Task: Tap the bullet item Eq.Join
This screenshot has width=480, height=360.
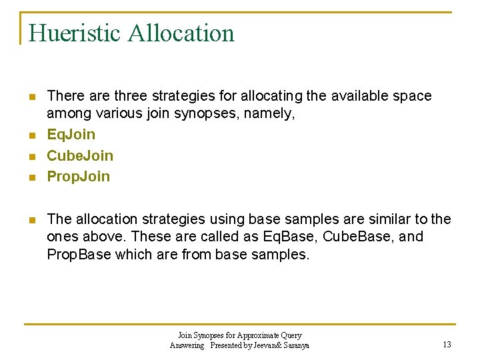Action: pos(71,135)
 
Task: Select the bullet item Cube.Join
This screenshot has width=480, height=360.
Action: pos(80,155)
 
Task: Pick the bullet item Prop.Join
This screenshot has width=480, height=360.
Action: pos(79,176)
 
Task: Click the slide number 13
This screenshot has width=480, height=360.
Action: pos(447,345)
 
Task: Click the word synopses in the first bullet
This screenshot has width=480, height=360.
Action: pos(199,113)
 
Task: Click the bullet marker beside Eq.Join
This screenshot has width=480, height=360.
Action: pos(31,135)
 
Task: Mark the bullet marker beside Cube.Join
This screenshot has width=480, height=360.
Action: pos(31,156)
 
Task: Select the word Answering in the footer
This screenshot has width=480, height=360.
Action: pos(187,345)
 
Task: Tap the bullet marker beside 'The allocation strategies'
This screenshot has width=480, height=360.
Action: pos(31,220)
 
